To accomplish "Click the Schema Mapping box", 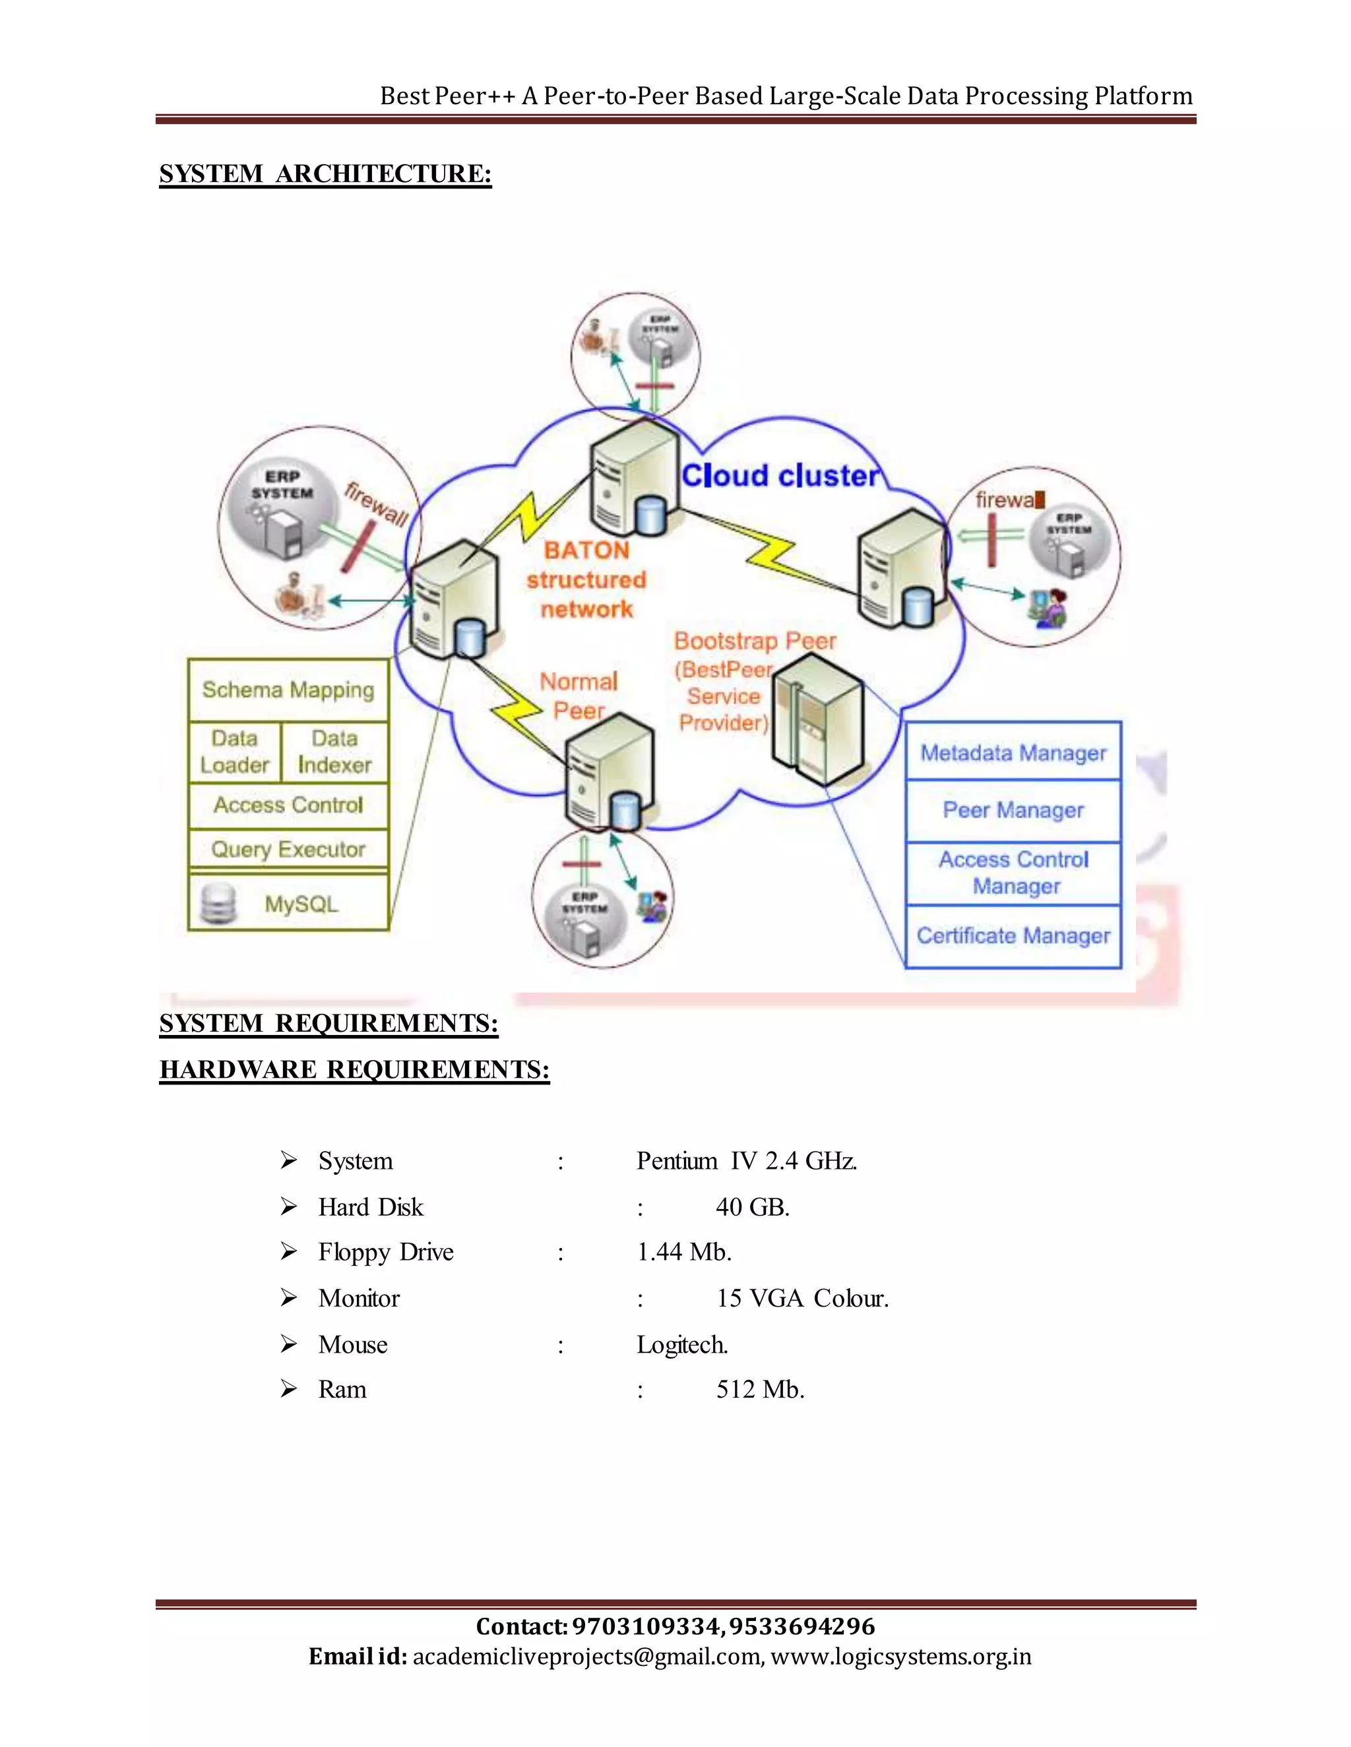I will (x=288, y=690).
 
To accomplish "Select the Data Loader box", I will (x=234, y=752).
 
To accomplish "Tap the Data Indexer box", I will (x=334, y=752).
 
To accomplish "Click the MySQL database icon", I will (x=218, y=904).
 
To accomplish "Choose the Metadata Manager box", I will (x=1013, y=753).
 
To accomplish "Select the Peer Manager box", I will (x=1013, y=810).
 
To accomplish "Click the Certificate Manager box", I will (x=1013, y=936).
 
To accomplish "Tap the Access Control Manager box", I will (x=1013, y=873).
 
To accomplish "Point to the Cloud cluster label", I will (x=780, y=476).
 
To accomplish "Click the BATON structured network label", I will (x=586, y=580).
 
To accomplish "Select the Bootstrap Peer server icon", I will (x=818, y=719).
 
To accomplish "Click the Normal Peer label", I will (x=579, y=696).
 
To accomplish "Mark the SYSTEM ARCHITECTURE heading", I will (x=325, y=175).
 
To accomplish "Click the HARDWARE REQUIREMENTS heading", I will (x=354, y=1069).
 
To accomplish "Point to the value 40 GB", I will (x=752, y=1207).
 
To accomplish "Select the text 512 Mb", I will (x=759, y=1390).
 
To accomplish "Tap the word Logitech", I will (x=682, y=1345).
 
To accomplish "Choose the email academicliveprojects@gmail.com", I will (x=586, y=1657).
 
